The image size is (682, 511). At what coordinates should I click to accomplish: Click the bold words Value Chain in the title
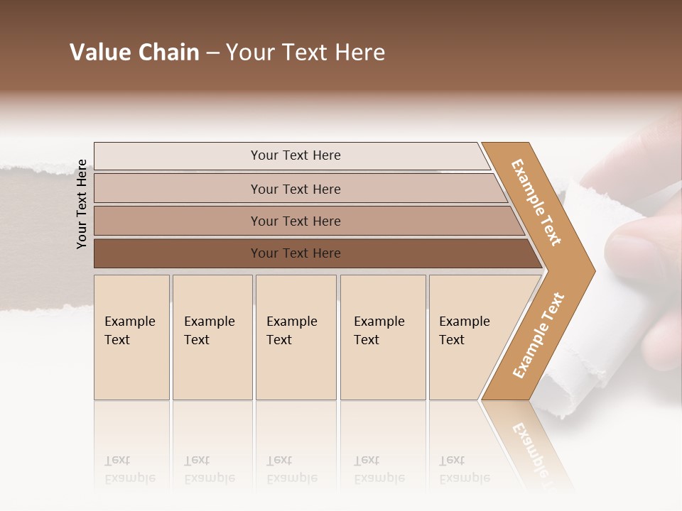point(134,53)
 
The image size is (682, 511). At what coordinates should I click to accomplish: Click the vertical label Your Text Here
point(82,204)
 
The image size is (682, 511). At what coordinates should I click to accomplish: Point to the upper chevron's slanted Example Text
point(536,202)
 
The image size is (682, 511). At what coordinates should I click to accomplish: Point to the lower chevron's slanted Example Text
point(538,336)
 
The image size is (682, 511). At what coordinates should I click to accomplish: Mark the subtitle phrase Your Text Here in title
point(305,53)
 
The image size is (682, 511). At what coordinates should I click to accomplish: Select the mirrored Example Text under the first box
point(130,469)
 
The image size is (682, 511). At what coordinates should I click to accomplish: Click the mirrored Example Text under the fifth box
point(465,469)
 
